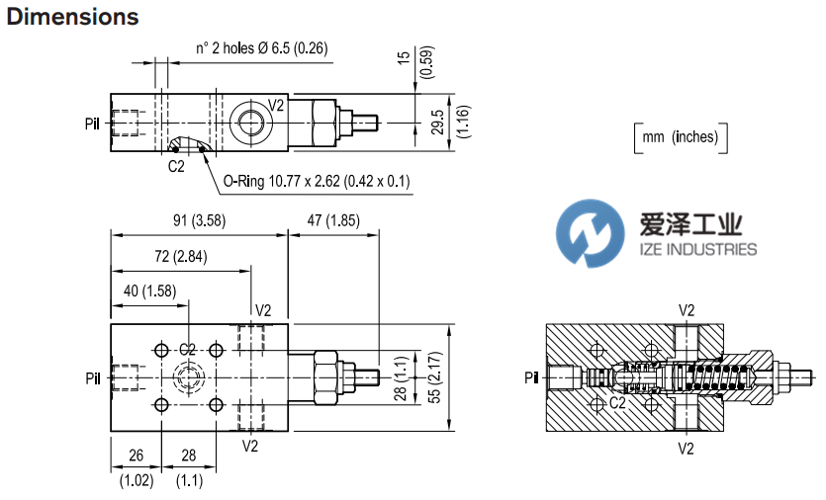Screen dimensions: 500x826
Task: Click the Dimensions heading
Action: tap(72, 18)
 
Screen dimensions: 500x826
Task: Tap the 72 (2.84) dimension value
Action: tap(180, 258)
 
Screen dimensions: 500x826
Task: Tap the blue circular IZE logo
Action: tap(591, 232)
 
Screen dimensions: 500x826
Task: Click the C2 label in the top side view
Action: tap(176, 166)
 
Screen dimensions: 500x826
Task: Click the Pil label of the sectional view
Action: tap(531, 375)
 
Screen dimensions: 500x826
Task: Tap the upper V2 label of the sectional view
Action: tap(686, 309)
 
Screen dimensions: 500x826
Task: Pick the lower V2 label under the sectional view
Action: tap(686, 448)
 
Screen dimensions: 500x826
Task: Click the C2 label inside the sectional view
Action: tap(616, 403)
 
